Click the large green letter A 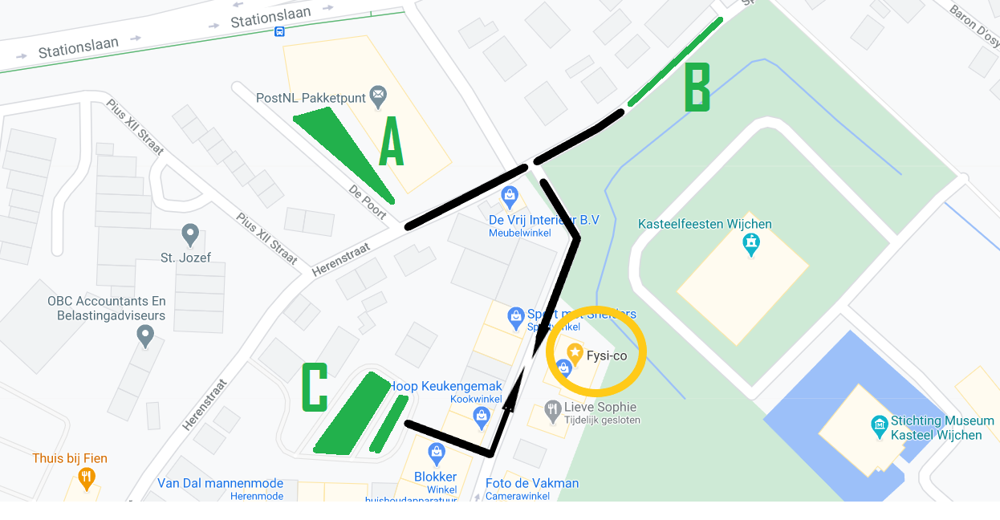(390, 142)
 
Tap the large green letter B (697, 88)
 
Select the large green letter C (314, 388)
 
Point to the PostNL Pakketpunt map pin (377, 97)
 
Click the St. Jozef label (185, 258)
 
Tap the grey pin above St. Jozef (190, 235)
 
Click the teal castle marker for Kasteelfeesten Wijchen (751, 243)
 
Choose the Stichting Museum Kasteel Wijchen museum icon (879, 423)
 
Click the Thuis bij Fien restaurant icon (87, 478)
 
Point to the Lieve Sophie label (600, 408)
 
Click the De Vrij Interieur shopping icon (509, 195)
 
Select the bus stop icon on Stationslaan (279, 31)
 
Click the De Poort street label (368, 201)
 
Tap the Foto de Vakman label (531, 483)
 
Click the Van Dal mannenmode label (221, 483)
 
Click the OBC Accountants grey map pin (145, 336)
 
